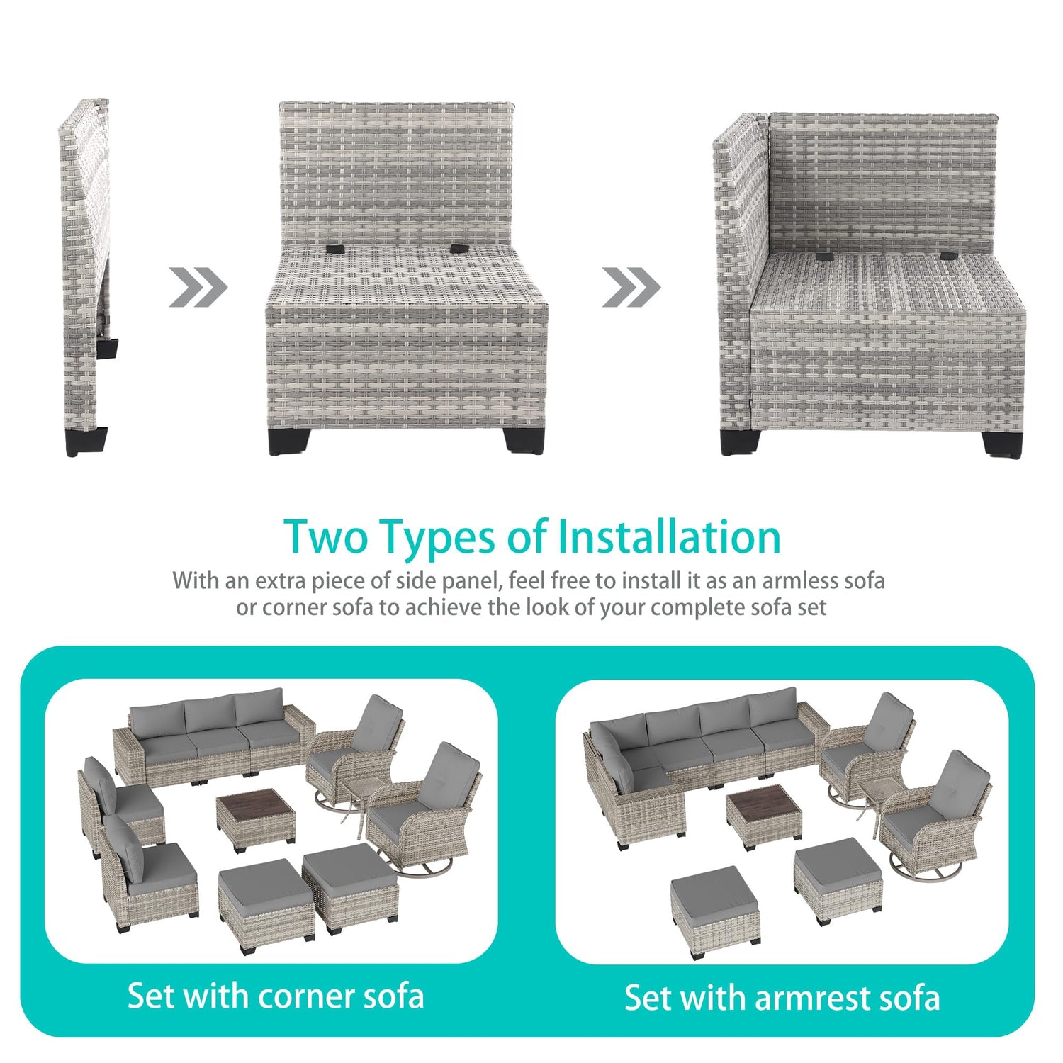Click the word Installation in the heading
pos(669,536)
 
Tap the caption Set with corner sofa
pos(276,996)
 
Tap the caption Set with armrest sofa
pos(782,997)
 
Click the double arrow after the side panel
pos(198,287)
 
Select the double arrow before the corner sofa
pos(631,287)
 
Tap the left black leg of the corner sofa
pos(739,441)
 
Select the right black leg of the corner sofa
pos(1001,443)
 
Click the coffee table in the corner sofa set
pos(256,820)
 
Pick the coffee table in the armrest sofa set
pos(764,817)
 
